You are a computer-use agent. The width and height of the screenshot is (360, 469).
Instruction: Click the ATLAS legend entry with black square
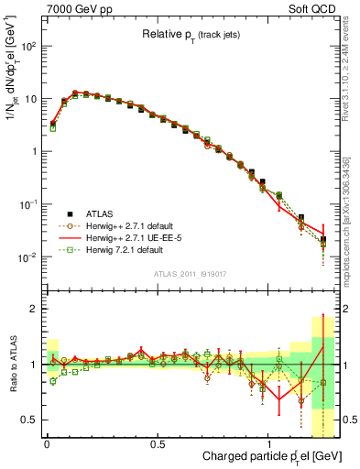[x=101, y=213]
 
